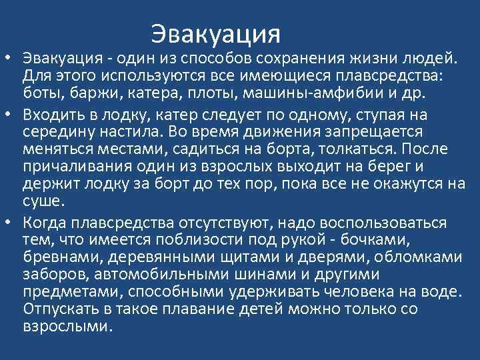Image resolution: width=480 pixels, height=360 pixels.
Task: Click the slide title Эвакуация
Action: [216, 33]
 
